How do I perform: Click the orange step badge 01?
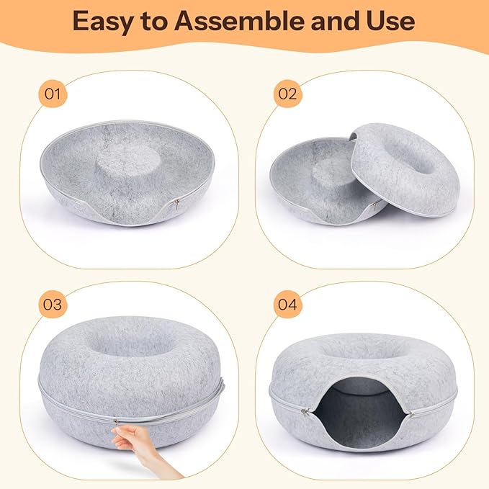click(x=53, y=93)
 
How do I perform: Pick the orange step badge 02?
click(x=287, y=93)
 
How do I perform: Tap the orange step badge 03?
click(x=53, y=304)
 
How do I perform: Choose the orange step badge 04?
click(x=287, y=304)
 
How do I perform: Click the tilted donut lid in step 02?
click(x=405, y=170)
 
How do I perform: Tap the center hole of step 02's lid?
click(x=418, y=158)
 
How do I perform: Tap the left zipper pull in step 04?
click(x=304, y=413)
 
